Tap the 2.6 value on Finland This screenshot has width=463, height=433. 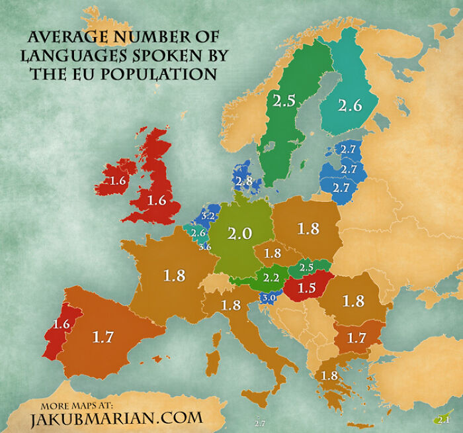click(x=349, y=105)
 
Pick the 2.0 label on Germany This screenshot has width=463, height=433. click(x=240, y=234)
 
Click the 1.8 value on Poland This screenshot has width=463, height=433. click(x=308, y=228)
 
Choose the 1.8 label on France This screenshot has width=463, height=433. click(x=174, y=275)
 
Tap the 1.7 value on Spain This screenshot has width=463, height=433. click(x=103, y=337)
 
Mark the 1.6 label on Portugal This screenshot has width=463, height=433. click(x=62, y=324)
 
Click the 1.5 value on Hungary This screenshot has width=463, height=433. click(x=306, y=288)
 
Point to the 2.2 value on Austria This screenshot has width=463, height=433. click(x=271, y=278)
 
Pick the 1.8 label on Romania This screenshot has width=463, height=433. click(x=353, y=301)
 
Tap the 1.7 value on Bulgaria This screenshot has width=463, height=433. click(x=357, y=338)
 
